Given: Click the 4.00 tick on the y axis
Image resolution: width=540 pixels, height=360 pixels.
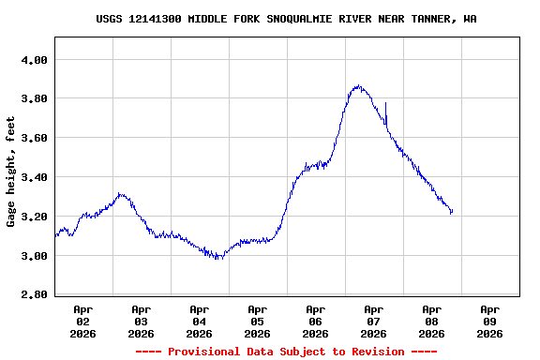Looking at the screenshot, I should coord(34,60).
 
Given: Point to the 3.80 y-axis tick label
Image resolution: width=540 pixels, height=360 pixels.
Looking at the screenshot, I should coord(34,99).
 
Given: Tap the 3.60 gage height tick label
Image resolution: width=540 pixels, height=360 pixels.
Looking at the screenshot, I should coord(34,139).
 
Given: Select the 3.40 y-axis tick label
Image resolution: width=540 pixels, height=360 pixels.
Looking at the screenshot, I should coord(34,178).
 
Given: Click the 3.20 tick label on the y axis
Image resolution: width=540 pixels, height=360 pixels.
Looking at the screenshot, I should coord(34,217).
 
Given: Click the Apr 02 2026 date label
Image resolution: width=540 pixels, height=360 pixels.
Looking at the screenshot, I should coord(82,321).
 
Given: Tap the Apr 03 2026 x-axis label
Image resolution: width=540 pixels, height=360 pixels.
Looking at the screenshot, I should coord(141,321).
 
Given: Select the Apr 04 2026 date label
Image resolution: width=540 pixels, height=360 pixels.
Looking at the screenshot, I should coord(199,321).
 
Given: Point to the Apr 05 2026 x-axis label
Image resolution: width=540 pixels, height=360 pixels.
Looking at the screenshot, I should coord(257,321).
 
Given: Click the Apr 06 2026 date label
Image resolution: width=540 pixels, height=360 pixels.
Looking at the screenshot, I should coord(315,321).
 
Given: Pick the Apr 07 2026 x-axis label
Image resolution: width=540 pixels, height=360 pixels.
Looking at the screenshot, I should coord(373,321).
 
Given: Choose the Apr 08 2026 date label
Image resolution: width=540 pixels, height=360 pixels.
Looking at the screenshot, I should coord(431,321).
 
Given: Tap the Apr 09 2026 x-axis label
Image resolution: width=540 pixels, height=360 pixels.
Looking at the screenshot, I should coord(489,321).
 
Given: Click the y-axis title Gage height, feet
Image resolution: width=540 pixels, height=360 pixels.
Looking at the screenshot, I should coord(11,172).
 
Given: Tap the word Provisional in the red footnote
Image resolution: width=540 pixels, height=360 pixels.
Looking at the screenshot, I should coord(204,352).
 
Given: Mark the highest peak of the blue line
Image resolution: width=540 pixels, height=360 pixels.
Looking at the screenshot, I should coord(357,86).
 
